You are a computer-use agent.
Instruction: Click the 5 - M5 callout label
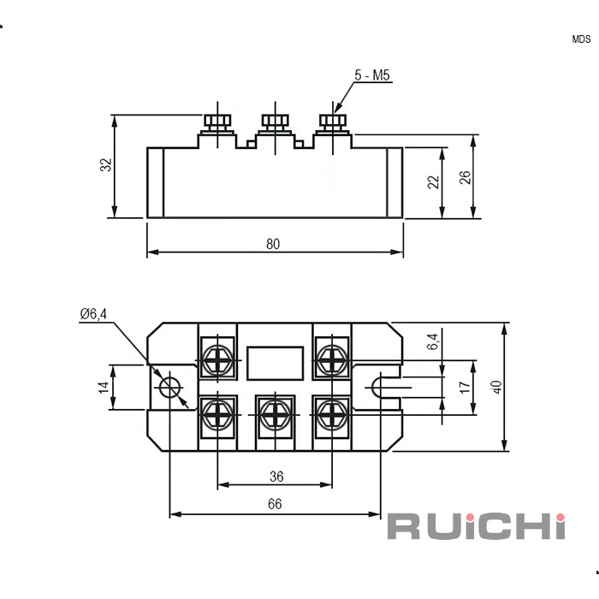[x=372, y=77]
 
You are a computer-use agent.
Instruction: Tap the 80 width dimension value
[x=273, y=244]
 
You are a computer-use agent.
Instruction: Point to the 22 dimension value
[x=434, y=181]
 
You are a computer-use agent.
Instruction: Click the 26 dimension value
[x=465, y=177]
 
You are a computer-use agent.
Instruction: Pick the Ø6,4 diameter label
[x=93, y=314]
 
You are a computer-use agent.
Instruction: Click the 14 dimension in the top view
[x=104, y=387]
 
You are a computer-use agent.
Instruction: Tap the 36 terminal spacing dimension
[x=276, y=477]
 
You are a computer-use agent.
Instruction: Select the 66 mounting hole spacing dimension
[x=274, y=504]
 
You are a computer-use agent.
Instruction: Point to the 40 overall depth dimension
[x=496, y=386]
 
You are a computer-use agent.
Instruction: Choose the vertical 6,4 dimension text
[x=433, y=341]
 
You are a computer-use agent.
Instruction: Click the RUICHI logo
[x=476, y=525]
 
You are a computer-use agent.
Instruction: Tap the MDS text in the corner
[x=581, y=39]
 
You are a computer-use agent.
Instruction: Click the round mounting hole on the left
[x=170, y=388]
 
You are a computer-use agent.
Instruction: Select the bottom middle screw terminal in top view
[x=275, y=415]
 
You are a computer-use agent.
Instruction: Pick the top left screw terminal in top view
[x=218, y=359]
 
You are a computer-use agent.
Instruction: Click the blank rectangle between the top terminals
[x=275, y=363]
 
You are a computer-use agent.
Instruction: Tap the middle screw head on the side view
[x=275, y=120]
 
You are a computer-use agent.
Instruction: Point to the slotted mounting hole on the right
[x=383, y=388]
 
